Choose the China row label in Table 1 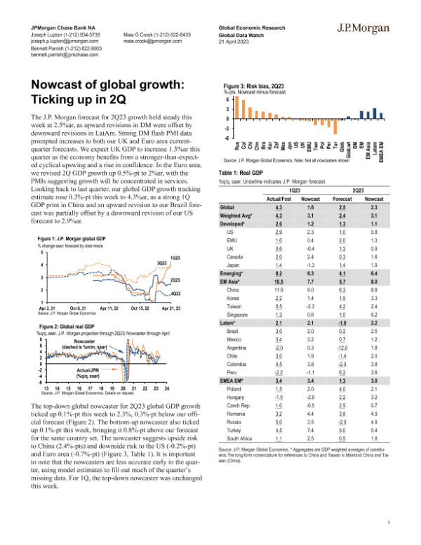tap(233, 289)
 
